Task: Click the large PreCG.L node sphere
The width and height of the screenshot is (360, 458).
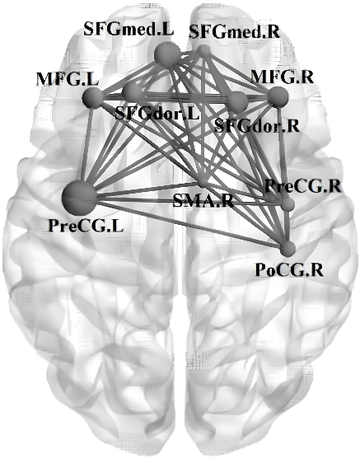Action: pos(79,198)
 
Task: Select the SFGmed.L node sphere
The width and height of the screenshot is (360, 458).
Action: pos(168,54)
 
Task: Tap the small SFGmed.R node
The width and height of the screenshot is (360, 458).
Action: pos(204,51)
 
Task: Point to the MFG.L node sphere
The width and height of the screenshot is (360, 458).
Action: pos(93,97)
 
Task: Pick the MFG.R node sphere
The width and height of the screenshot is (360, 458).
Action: pos(278,96)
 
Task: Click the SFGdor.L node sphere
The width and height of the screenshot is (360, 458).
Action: pos(133,91)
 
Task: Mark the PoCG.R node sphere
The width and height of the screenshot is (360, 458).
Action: pos(288,249)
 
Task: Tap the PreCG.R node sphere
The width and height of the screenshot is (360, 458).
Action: pos(288,203)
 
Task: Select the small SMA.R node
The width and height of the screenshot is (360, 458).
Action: pos(203,183)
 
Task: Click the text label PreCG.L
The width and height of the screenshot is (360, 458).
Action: pos(86,226)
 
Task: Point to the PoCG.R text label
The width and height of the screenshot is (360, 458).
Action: pos(289,270)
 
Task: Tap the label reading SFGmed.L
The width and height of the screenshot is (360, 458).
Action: pos(129,29)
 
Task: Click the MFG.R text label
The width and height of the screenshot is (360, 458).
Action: pos(283,77)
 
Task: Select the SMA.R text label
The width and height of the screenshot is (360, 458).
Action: pos(203,201)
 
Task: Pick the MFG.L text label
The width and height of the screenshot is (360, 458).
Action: pos(68,79)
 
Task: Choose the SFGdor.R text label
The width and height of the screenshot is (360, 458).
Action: pos(257,125)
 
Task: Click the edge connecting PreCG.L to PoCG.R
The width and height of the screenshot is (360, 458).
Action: pos(184,223)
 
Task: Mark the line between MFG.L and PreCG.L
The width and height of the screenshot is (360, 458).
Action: pos(86,147)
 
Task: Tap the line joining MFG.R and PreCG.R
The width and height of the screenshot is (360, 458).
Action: pos(283,150)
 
